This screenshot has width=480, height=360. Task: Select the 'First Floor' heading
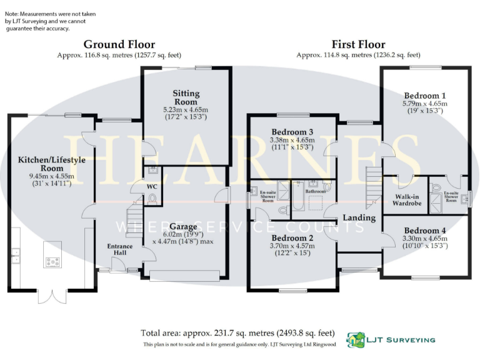(x=359, y=44)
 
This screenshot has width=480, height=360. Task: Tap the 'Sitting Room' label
(x=186, y=97)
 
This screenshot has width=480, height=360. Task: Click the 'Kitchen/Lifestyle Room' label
(x=51, y=164)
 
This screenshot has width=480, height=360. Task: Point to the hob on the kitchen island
(x=52, y=262)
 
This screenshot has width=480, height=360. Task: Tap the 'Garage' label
(x=182, y=226)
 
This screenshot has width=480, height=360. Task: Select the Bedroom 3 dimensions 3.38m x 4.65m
(x=291, y=141)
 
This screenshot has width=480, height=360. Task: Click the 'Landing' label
(x=360, y=217)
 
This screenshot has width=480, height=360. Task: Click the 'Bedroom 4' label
(x=425, y=229)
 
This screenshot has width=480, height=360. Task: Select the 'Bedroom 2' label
(x=292, y=238)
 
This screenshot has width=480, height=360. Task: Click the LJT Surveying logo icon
(x=357, y=340)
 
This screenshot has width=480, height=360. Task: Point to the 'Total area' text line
(x=238, y=332)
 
